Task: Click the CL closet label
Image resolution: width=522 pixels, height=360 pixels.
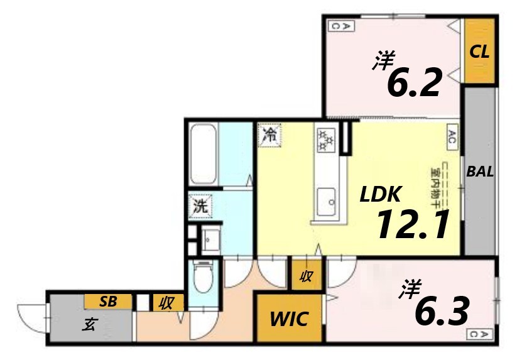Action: [479, 52]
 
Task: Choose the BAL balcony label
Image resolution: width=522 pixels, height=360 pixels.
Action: [479, 172]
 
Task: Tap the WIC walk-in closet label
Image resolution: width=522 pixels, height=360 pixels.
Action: [289, 319]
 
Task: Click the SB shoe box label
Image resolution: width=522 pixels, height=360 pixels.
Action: [107, 302]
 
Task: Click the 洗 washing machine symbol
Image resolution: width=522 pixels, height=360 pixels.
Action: [200, 205]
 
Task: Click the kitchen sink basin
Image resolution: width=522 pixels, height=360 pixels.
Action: [327, 200]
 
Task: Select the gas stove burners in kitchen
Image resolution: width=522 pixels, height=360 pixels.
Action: [327, 138]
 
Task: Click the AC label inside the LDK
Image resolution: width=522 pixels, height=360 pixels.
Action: [452, 136]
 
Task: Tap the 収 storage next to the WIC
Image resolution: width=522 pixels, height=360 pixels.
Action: [306, 275]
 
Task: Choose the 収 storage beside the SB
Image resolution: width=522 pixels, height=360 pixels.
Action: [167, 303]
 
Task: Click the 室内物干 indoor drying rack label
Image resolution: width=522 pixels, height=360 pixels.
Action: [435, 183]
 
